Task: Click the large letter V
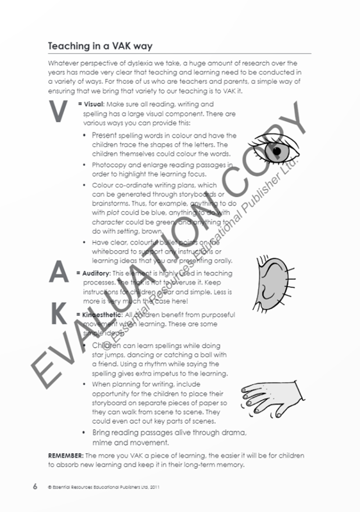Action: point(59,111)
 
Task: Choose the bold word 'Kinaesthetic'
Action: point(100,315)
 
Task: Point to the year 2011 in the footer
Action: point(156,488)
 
